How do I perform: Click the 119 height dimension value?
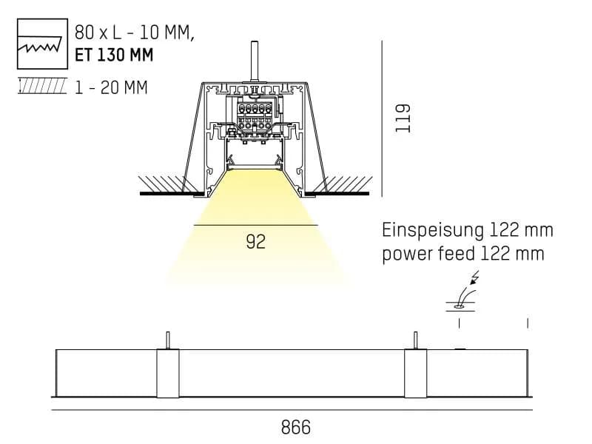[403, 118]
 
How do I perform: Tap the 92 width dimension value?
[255, 242]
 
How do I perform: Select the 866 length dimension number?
[295, 428]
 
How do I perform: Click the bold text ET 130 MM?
[114, 55]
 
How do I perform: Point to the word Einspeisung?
[433, 230]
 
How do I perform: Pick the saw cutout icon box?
[43, 44]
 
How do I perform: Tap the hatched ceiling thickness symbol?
[42, 86]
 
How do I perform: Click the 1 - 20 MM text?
[111, 87]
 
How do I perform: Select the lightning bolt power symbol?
[474, 277]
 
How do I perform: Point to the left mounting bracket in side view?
[168, 373]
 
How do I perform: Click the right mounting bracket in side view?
[416, 373]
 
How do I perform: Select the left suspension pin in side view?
[168, 340]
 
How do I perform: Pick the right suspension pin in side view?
[416, 340]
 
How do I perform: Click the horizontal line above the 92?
[255, 225]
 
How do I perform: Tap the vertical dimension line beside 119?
[382, 118]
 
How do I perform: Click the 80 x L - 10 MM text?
[135, 33]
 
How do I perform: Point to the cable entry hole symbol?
[460, 307]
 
